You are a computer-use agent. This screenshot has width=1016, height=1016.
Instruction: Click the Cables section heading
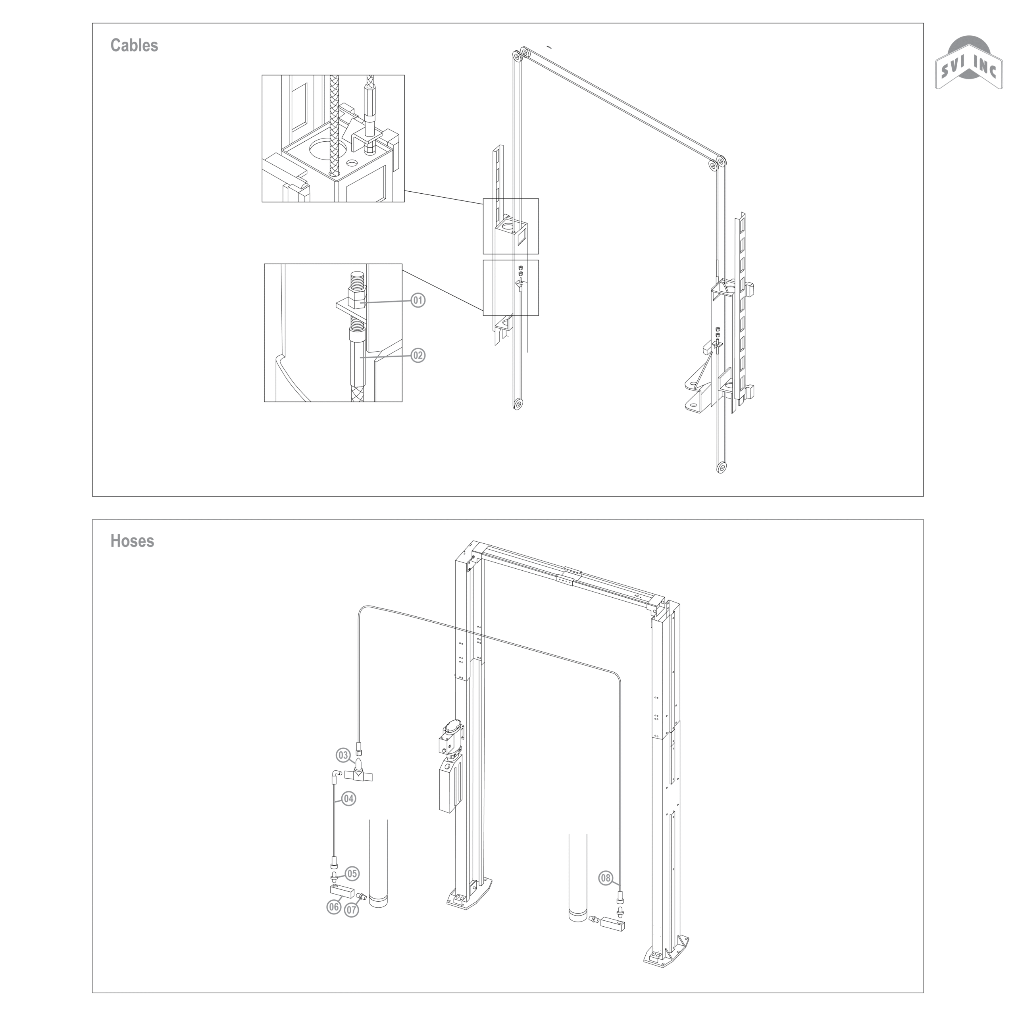[x=134, y=45]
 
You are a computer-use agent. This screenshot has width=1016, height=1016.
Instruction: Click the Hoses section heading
[x=132, y=541]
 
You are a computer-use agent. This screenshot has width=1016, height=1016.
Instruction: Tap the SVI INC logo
[x=969, y=66]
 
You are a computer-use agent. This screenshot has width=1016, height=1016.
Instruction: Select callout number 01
[x=418, y=300]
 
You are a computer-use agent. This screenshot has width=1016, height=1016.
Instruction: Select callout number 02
[x=418, y=356]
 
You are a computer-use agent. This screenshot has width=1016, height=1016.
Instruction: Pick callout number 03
[x=343, y=756]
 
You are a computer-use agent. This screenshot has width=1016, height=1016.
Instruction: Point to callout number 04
[x=349, y=799]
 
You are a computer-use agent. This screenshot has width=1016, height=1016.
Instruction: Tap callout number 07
[x=352, y=909]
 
